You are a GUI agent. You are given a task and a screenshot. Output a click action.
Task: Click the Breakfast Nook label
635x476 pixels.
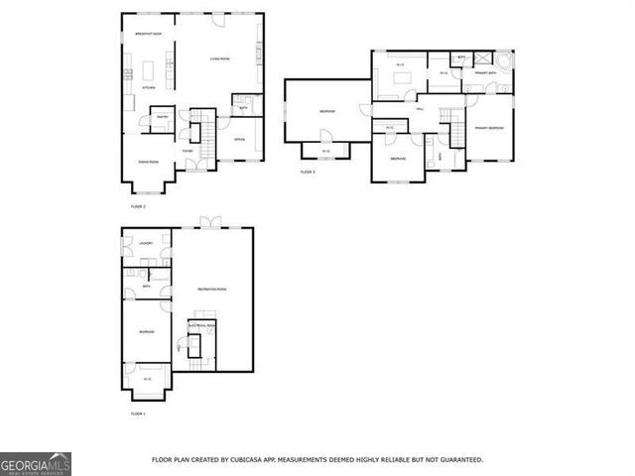click(x=149, y=35)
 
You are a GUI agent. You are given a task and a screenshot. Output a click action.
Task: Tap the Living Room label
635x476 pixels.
click(x=219, y=60)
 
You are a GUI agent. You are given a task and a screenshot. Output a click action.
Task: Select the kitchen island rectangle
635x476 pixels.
click(x=153, y=71)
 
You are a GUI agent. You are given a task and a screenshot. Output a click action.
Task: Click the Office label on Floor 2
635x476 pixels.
click(x=239, y=140)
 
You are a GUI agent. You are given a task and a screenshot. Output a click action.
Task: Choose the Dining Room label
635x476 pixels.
click(x=148, y=162)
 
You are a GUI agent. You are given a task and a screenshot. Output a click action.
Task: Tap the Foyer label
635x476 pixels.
click(x=187, y=151)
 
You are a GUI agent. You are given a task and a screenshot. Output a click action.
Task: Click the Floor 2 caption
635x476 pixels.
click(x=138, y=206)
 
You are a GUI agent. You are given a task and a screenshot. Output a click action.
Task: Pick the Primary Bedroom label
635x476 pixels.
click(x=489, y=128)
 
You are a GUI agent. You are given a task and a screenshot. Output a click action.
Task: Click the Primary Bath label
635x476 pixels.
click(x=485, y=73)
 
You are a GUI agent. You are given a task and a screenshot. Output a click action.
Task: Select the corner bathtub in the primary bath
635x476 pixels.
click(x=505, y=61)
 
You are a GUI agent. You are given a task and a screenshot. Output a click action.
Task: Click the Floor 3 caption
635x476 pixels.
click(x=308, y=173)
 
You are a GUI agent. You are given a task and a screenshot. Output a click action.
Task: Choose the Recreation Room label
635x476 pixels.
click(x=214, y=289)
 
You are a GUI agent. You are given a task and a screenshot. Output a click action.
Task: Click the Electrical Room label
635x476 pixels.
click(x=202, y=325)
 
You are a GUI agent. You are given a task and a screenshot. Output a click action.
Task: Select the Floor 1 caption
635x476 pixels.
click(x=138, y=414)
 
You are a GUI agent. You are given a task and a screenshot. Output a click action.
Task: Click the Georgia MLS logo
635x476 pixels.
click(x=36, y=463)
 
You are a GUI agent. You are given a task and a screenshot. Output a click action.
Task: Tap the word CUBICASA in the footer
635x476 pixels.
click(x=243, y=460)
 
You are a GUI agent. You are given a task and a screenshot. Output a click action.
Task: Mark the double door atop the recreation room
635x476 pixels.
click(x=207, y=222)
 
